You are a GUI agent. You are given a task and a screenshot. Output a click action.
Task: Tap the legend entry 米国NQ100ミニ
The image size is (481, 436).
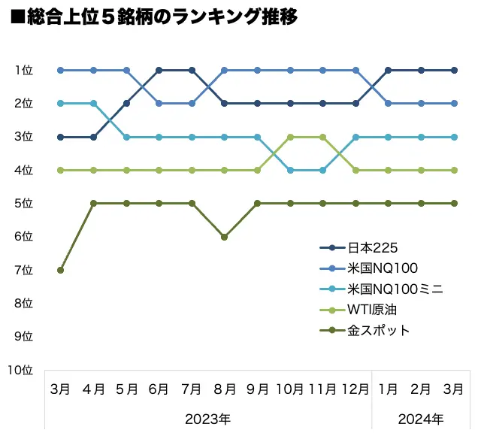[384, 289]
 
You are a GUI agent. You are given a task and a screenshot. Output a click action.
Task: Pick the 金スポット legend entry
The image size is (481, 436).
[378, 330]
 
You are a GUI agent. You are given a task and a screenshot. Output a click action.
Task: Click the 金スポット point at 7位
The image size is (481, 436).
[61, 270]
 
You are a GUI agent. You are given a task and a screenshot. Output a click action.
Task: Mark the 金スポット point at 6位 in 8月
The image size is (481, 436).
[225, 237]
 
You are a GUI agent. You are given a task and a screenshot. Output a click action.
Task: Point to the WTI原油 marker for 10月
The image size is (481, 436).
[290, 137]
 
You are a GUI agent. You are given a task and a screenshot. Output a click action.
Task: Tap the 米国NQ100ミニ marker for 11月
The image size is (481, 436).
[323, 170]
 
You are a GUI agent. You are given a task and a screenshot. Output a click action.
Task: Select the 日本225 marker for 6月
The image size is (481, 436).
[159, 70]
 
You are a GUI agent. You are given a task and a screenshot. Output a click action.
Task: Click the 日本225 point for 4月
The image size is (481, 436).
[94, 137]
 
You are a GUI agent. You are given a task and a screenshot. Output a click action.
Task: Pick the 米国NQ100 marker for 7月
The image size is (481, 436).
[192, 103]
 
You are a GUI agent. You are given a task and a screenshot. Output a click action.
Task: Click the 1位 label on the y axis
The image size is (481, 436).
[23, 70]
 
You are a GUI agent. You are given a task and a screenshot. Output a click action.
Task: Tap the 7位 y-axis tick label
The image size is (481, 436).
[23, 270]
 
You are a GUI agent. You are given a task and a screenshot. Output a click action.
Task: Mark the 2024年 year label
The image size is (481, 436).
[421, 419]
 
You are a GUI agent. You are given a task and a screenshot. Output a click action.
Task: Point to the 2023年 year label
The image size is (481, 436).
[208, 419]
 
